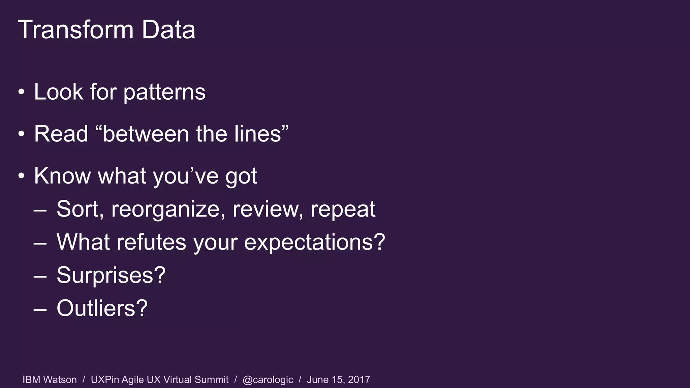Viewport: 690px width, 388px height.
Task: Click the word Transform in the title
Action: [75, 30]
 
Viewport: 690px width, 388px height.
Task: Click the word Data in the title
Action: [168, 30]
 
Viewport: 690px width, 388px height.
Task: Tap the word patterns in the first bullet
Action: [164, 92]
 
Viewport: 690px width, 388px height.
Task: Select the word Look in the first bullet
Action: [58, 92]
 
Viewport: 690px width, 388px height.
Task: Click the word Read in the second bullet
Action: [61, 134]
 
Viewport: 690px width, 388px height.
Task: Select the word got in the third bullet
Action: [241, 177]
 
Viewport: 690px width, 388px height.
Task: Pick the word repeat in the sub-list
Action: [343, 209]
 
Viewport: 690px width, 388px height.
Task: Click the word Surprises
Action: [111, 275]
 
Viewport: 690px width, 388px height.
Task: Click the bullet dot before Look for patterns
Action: [22, 92]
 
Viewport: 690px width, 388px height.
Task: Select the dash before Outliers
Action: [40, 309]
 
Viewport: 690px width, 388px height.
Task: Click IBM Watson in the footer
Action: [50, 380]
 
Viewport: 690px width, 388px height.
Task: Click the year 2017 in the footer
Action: [359, 380]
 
